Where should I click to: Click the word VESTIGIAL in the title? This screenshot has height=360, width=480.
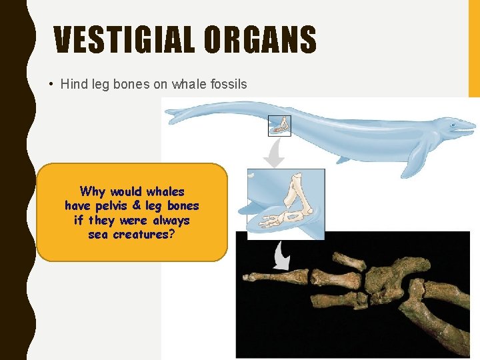coord(124,40)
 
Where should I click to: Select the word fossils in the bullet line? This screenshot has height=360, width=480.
coord(225,85)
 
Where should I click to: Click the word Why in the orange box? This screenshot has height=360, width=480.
coord(93,192)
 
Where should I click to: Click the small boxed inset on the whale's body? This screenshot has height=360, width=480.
coord(279,125)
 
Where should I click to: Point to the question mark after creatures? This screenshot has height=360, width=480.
coord(173,235)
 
